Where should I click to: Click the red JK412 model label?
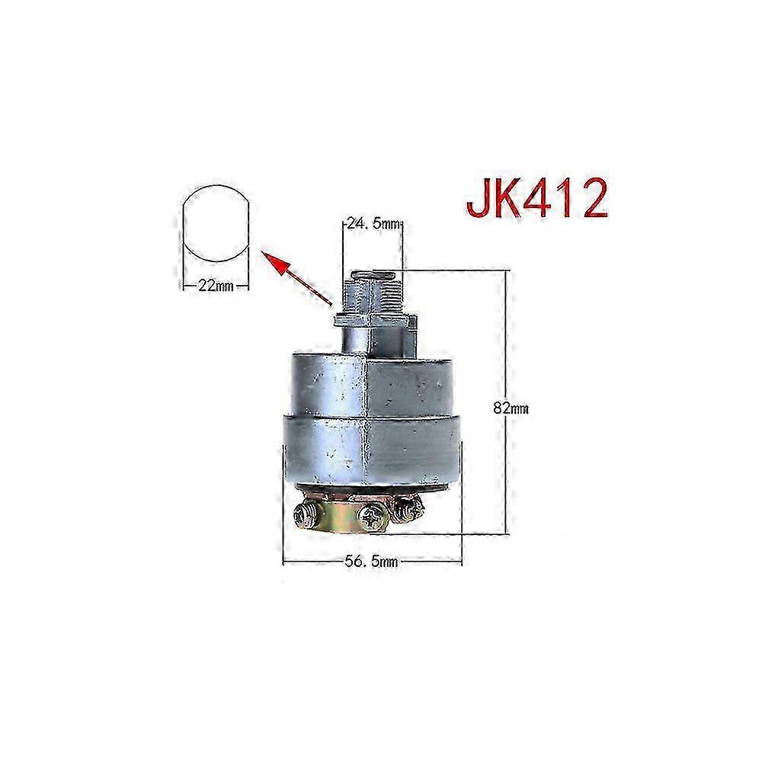tap(537, 199)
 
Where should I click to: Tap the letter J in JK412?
tap(477, 199)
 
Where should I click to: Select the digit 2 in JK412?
tap(594, 198)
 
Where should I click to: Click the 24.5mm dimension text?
tap(373, 224)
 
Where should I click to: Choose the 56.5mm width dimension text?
tap(372, 562)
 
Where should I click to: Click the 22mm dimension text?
tap(216, 287)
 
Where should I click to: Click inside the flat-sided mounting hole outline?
tap(216, 223)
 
